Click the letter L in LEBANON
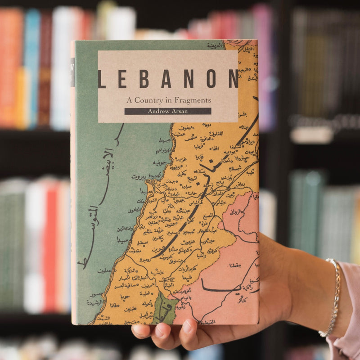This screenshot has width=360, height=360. [x=102, y=79]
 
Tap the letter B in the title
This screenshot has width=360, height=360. [x=144, y=79]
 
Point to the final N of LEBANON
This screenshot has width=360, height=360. [x=233, y=79]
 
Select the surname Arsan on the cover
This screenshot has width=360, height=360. [x=180, y=111]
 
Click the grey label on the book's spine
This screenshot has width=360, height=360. [x=72, y=72]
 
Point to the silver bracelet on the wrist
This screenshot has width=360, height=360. [x=333, y=297]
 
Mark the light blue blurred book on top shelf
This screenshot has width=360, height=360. [x=31, y=67]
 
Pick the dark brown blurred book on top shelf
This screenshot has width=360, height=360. [x=44, y=67]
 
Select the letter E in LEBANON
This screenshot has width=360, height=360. [x=122, y=79]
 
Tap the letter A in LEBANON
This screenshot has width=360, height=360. [x=166, y=79]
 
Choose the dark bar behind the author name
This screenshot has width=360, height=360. [x=167, y=111]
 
